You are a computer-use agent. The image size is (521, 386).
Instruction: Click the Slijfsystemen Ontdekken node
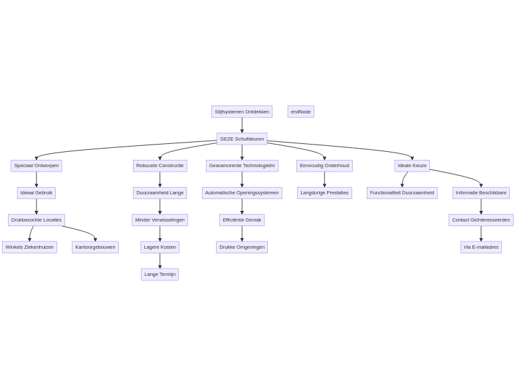click(x=242, y=111)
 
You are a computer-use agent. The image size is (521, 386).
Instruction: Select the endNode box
click(x=300, y=111)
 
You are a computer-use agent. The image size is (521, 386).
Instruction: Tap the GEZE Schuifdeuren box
click(x=242, y=139)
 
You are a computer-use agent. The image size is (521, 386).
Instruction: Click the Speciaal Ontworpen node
click(x=37, y=166)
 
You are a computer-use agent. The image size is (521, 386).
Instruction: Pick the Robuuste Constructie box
click(x=160, y=166)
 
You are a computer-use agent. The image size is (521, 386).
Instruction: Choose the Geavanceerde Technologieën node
click(x=242, y=166)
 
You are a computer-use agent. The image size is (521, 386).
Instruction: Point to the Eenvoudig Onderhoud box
click(x=324, y=166)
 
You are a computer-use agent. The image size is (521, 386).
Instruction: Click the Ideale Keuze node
click(x=412, y=166)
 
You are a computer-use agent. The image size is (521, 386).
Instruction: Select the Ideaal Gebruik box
click(x=37, y=193)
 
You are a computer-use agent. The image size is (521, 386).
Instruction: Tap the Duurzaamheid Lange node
click(x=160, y=193)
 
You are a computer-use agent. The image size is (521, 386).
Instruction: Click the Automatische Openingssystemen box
click(x=242, y=193)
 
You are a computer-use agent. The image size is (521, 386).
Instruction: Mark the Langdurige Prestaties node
click(x=324, y=193)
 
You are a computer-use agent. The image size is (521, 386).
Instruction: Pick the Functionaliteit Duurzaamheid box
click(x=402, y=193)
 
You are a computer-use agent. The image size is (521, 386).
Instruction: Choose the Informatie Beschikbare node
click(x=481, y=193)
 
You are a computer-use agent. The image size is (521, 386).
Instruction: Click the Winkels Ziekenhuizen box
click(x=29, y=247)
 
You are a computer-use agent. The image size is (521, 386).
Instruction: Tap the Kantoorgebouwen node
click(x=95, y=247)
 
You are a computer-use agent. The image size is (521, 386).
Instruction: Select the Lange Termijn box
click(x=160, y=274)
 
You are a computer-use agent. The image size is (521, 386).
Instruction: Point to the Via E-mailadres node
click(x=481, y=247)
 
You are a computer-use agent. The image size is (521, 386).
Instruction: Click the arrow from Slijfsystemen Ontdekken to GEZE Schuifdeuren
click(x=242, y=125)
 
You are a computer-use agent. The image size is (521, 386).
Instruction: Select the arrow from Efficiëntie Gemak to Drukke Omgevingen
click(x=242, y=233)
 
